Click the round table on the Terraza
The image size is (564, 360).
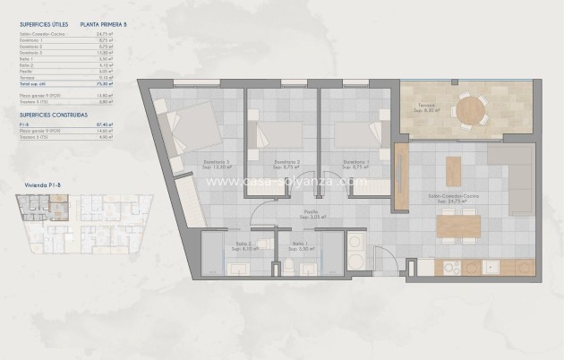(x=469, y=111)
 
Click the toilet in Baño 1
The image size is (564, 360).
(x=289, y=268)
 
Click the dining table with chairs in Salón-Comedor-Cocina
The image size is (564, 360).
(x=458, y=227)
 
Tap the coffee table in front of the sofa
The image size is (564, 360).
(x=454, y=170)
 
